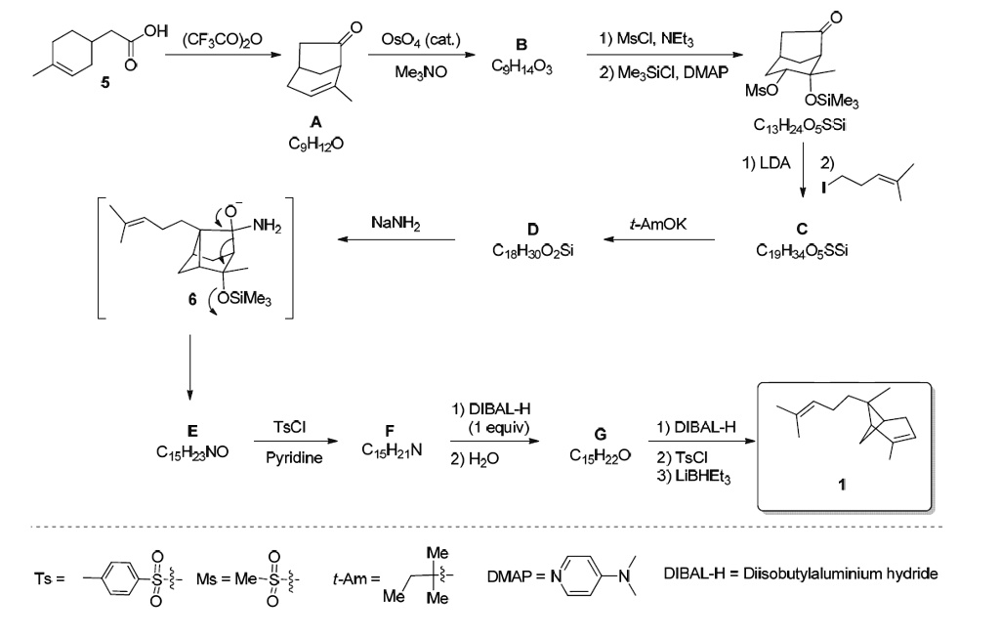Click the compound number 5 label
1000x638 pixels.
(106, 82)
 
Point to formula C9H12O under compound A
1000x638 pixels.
(311, 143)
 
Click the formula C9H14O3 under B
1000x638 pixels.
(522, 65)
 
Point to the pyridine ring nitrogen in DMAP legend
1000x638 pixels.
(557, 574)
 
